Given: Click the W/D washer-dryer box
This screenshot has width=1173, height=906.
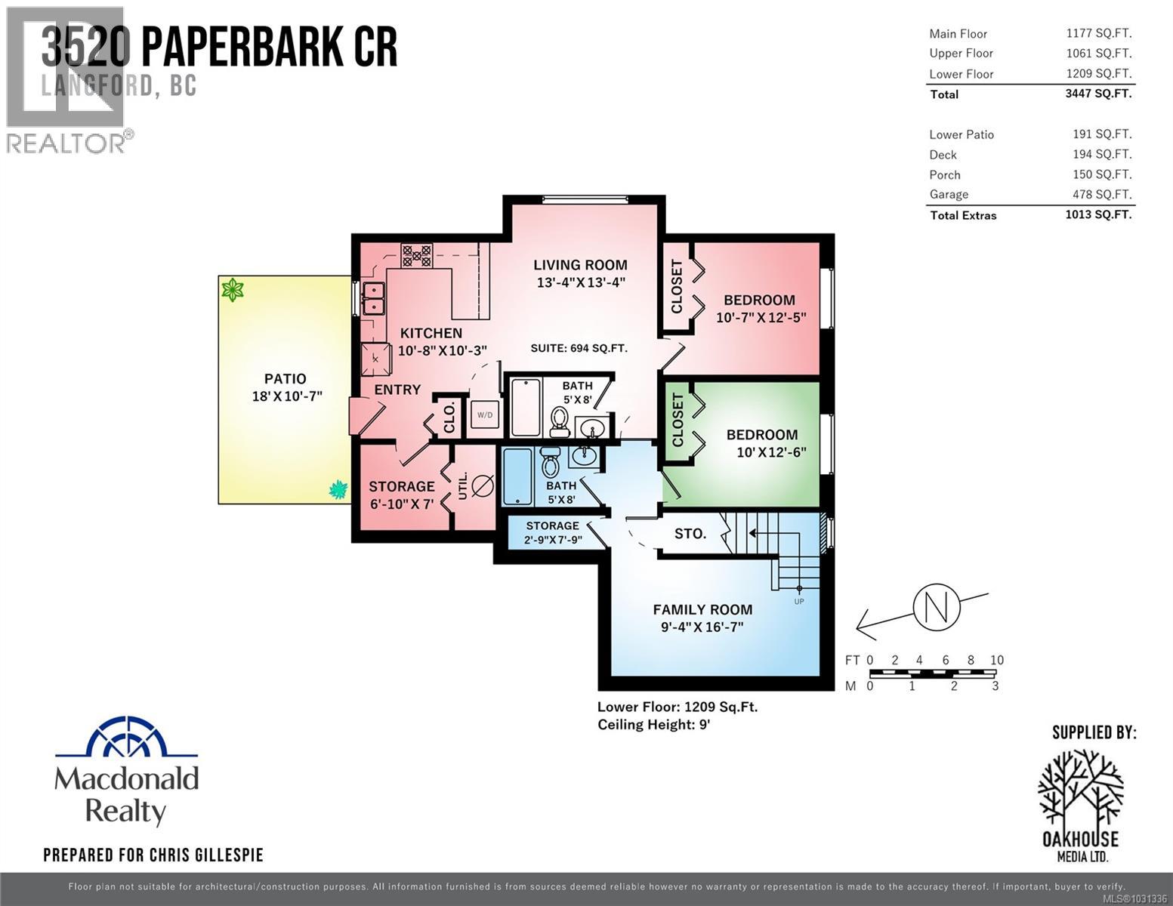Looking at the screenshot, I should click(x=484, y=415).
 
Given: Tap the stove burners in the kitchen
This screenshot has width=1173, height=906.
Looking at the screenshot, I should click(x=416, y=255).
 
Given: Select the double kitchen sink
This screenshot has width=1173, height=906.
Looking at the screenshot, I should click(x=373, y=298).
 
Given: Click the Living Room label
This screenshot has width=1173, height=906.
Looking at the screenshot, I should click(x=580, y=265).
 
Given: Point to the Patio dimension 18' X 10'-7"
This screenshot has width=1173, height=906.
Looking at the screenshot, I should click(x=287, y=396).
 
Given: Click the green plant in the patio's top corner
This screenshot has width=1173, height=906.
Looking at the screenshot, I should click(x=232, y=289).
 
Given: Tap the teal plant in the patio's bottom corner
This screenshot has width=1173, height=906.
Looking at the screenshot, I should click(x=338, y=490).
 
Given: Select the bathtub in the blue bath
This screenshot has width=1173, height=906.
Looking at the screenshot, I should click(x=517, y=476).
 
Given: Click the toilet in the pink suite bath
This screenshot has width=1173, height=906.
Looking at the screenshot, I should click(x=560, y=421).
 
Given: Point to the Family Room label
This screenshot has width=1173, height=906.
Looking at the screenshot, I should click(x=702, y=609).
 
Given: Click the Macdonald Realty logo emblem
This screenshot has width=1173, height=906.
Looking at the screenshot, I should click(x=126, y=737).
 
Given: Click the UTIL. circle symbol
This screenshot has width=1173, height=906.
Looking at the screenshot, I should click(x=482, y=486).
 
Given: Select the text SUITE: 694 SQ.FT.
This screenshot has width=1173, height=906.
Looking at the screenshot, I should click(x=579, y=348).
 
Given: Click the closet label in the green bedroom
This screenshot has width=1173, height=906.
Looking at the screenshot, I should click(x=677, y=420).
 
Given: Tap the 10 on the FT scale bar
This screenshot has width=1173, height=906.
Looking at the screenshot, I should click(x=996, y=660).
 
